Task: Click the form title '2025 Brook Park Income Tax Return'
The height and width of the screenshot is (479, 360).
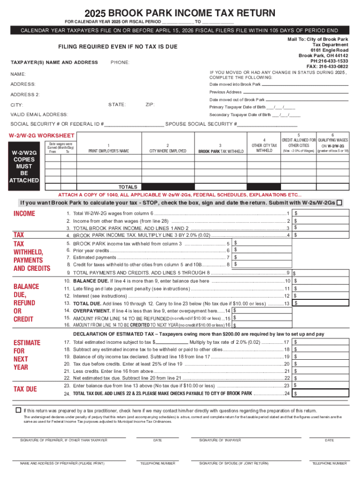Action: coord(180,13)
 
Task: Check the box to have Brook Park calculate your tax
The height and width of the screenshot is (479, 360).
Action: coord(339,203)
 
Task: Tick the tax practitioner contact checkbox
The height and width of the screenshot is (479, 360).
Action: coord(19,410)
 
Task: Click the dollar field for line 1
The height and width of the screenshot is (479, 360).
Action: coord(321,213)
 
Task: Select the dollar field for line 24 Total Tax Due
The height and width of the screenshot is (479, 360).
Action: coord(321,394)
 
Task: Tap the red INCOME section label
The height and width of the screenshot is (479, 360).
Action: coord(24,214)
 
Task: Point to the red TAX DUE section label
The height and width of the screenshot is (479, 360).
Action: coord(26,389)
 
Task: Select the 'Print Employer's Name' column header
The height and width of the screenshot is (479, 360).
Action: coord(108,151)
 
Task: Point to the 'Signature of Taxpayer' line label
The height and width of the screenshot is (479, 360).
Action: coord(220,440)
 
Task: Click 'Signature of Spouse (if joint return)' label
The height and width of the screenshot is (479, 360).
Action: coord(234,463)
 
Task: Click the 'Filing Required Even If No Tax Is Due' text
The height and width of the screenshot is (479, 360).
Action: coord(117,47)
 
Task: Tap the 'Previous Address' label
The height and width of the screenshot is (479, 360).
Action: coord(226,92)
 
